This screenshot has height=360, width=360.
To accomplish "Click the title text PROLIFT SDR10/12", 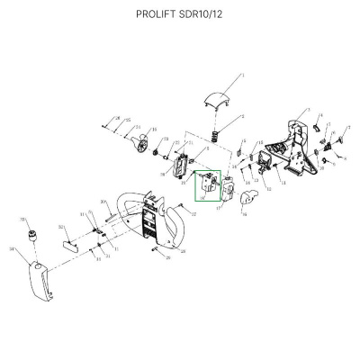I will tap(180, 14).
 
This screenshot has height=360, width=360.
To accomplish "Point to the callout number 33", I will tap(21, 219).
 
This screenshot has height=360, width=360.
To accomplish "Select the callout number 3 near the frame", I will tap(309, 112).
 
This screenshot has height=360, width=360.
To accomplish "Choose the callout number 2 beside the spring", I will tap(243, 117).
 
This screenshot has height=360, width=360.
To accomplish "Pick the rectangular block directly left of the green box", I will tap(180, 164).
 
